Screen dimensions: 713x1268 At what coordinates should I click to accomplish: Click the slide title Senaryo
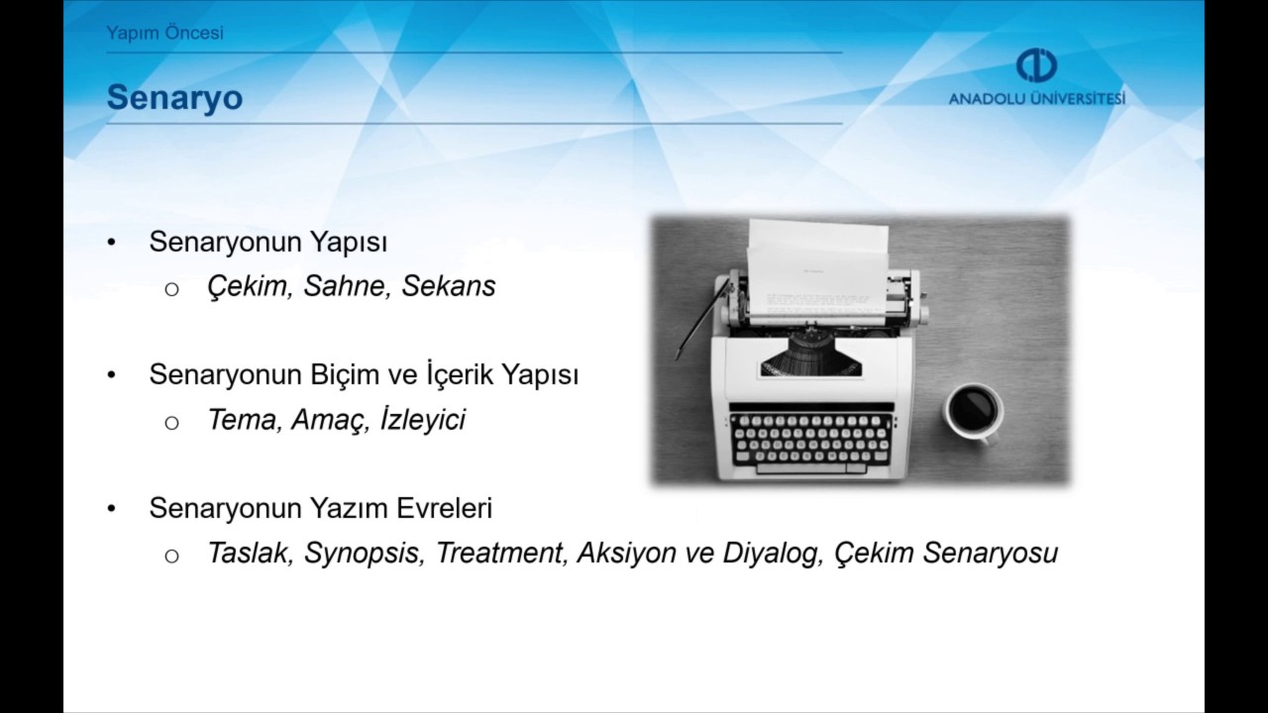click(174, 98)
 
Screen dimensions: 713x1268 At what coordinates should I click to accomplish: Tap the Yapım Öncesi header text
click(164, 33)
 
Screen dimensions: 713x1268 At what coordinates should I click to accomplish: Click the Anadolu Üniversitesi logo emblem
click(1036, 65)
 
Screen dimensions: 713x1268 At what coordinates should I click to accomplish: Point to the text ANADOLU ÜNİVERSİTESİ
click(1036, 99)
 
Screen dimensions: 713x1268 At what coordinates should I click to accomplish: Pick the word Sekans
click(448, 286)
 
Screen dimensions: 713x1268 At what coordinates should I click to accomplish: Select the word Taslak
click(249, 553)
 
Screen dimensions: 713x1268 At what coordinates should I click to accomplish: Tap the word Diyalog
click(772, 553)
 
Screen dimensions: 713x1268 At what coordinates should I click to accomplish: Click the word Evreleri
click(445, 509)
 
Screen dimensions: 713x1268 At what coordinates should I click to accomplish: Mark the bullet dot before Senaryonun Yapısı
click(112, 243)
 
